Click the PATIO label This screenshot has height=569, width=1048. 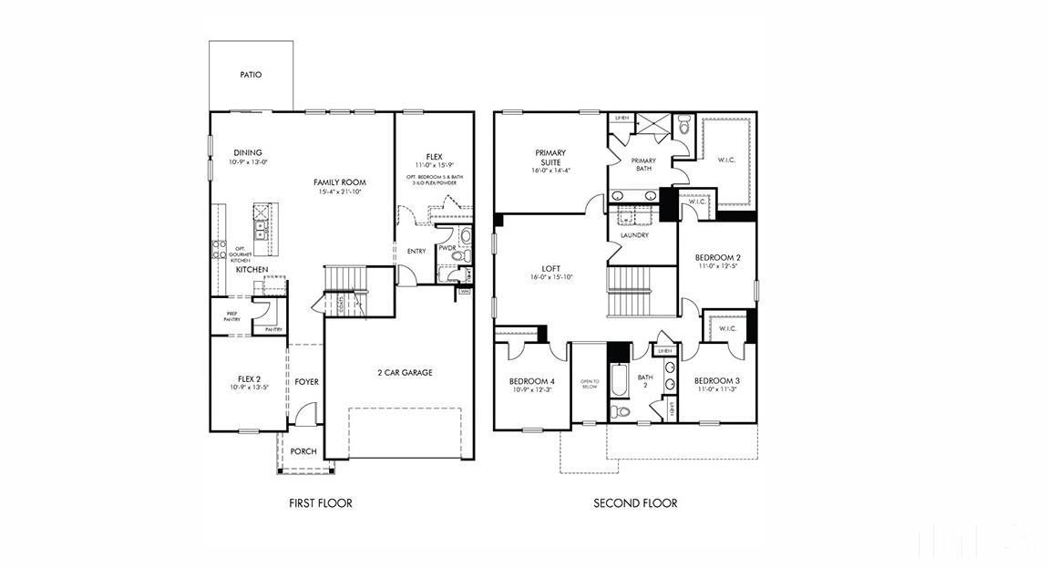(x=251, y=75)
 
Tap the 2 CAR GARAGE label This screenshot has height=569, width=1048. (x=405, y=372)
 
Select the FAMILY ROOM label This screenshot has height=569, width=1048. (x=339, y=182)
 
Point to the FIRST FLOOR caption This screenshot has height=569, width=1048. (x=320, y=503)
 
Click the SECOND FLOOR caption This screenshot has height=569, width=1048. (x=635, y=503)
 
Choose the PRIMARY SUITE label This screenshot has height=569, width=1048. (x=550, y=157)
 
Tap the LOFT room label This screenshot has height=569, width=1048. (x=550, y=269)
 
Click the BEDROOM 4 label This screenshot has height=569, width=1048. (x=532, y=381)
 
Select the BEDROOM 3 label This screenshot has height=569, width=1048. (x=717, y=381)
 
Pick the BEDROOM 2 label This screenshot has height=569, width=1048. (x=717, y=257)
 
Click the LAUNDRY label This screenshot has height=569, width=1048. (x=634, y=235)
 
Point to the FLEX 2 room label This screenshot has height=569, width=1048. (x=250, y=378)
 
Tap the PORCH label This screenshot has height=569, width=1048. (x=303, y=451)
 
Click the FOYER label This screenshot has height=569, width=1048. (x=307, y=381)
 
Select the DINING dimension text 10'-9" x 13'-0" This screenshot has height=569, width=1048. (x=248, y=162)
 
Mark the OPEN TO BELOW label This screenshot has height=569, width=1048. (x=589, y=384)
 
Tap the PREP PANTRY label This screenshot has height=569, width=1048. (x=231, y=316)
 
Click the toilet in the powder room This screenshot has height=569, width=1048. (x=465, y=238)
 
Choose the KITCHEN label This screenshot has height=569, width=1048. (x=252, y=270)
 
